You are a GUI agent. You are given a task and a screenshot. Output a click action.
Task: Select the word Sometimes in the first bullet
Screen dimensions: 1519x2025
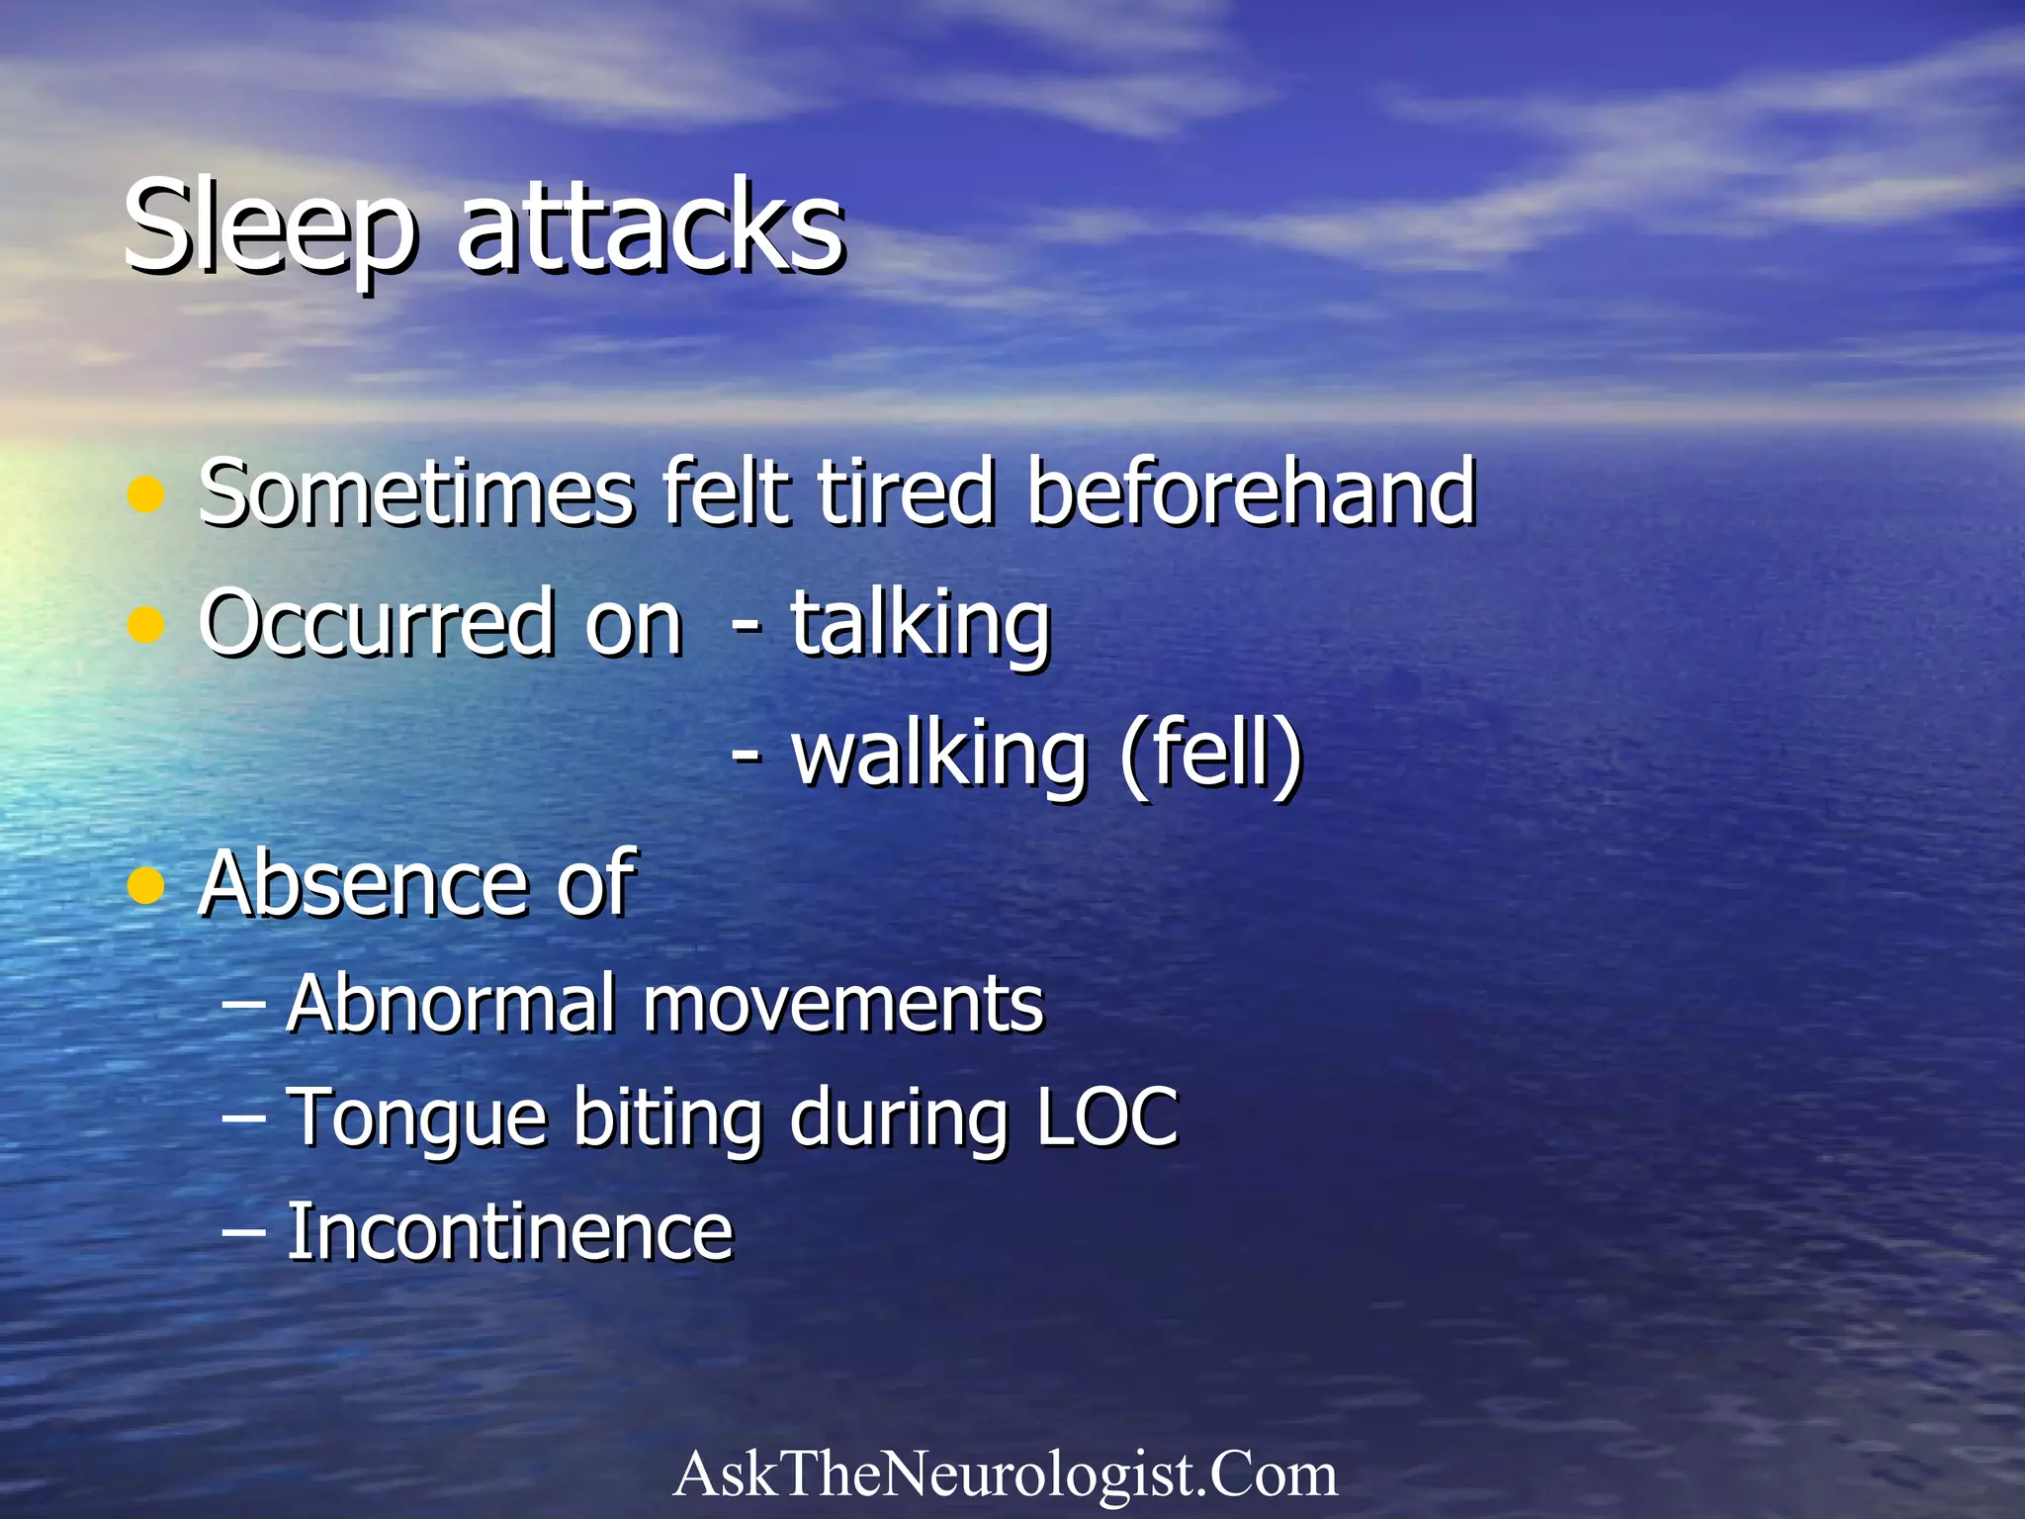(x=415, y=491)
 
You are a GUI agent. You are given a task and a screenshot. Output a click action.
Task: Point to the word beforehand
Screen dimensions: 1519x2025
(x=1251, y=491)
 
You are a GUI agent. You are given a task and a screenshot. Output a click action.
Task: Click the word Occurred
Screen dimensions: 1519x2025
(x=377, y=623)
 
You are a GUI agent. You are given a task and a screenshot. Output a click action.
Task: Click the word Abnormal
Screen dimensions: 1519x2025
(x=451, y=1004)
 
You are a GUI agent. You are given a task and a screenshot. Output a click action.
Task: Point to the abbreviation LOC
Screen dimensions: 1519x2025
(x=1107, y=1117)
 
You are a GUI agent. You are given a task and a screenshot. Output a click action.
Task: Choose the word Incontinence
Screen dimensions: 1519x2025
(x=509, y=1232)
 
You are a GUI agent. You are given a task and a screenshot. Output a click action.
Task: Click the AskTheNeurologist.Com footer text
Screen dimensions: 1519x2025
(x=1005, y=1474)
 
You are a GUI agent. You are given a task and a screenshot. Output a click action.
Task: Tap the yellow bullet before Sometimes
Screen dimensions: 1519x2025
(x=146, y=494)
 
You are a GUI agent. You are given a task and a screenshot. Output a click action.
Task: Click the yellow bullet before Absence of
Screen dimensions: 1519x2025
(x=146, y=886)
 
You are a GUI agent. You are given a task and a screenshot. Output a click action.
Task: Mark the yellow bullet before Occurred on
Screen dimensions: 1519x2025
(x=146, y=626)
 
